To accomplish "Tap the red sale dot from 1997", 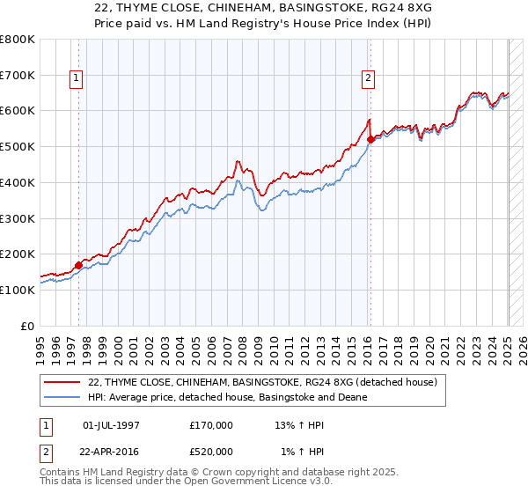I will (78, 264).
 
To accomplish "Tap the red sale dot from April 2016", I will (370, 139).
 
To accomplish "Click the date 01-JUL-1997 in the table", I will (111, 425).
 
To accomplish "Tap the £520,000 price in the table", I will (211, 452).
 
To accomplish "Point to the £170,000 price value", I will (211, 425).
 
